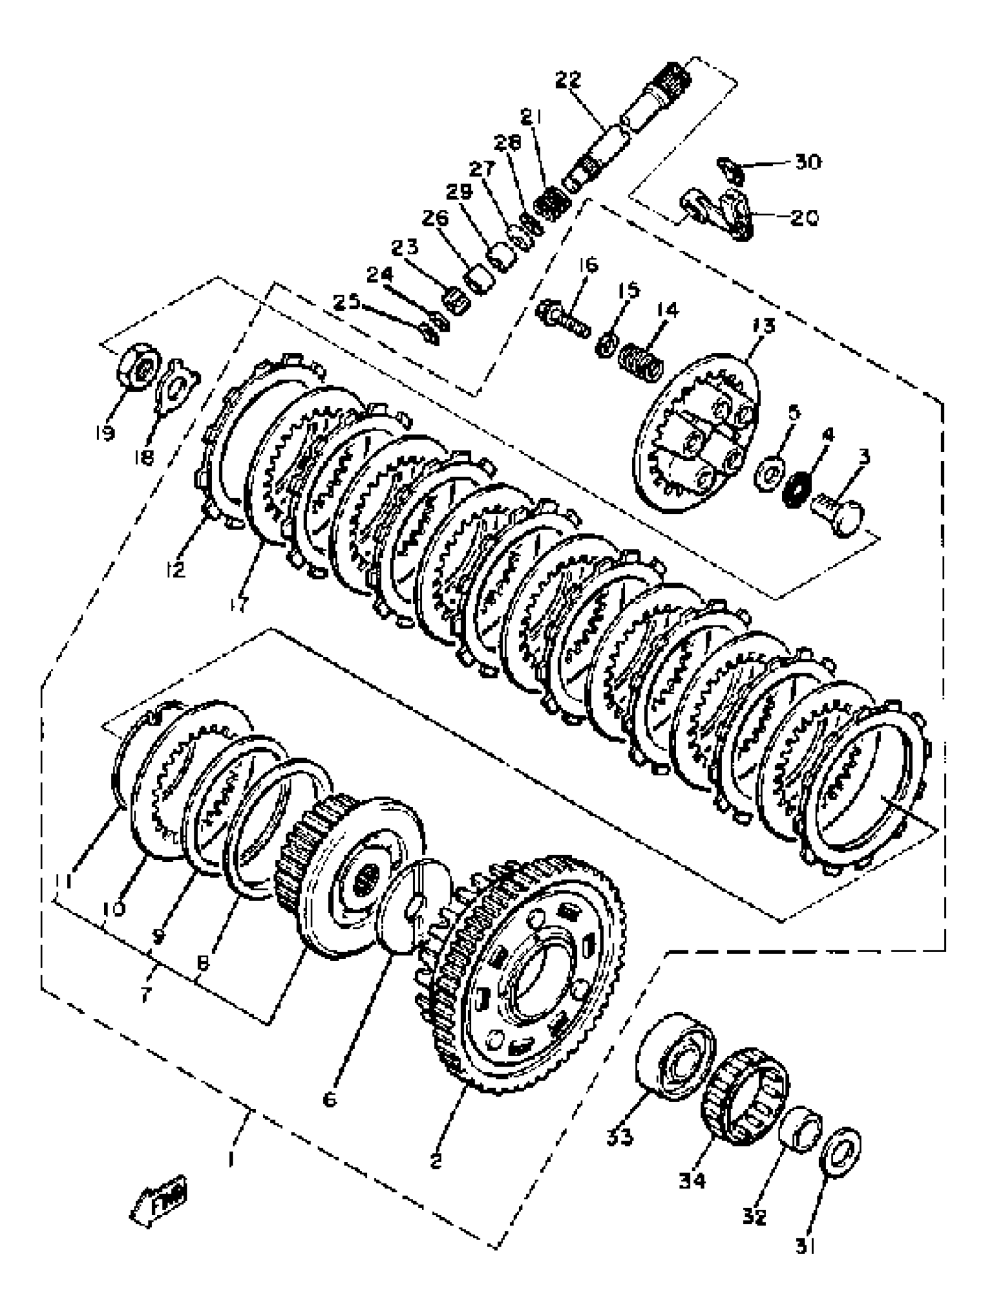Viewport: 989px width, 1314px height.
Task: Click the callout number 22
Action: point(568,80)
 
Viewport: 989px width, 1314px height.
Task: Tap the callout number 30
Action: point(807,162)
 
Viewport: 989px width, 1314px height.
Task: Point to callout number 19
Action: point(105,433)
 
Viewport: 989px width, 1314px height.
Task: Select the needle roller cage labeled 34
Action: point(745,1105)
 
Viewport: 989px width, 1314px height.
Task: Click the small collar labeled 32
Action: point(800,1130)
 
